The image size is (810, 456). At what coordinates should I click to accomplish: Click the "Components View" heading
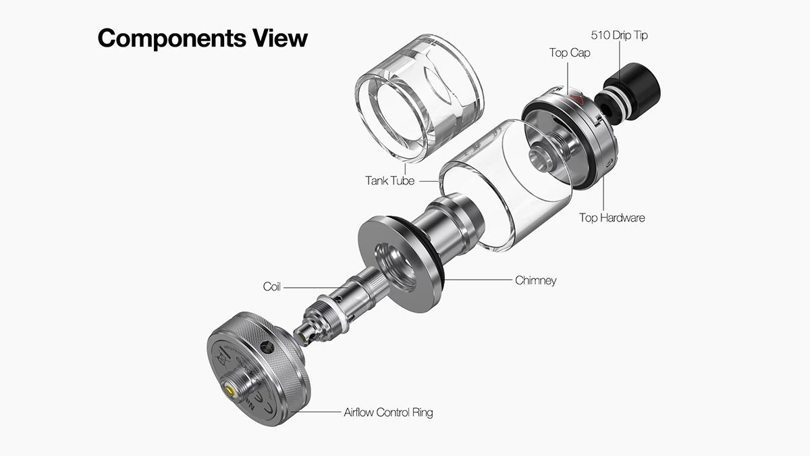[x=202, y=39]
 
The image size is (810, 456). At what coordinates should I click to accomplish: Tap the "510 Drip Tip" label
[x=619, y=35]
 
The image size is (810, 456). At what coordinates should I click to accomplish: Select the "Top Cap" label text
[x=570, y=53]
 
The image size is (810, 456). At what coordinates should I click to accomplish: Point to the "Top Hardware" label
[x=612, y=218]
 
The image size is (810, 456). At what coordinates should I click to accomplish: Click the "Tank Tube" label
[x=389, y=180]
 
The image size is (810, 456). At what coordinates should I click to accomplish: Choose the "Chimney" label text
[x=535, y=280]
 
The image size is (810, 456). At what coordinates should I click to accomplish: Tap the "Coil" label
[x=271, y=286]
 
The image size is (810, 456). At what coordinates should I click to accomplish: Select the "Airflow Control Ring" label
[x=388, y=412]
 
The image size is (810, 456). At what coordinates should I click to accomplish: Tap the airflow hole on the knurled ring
[x=267, y=347]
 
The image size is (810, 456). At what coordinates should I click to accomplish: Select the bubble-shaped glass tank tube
[x=419, y=99]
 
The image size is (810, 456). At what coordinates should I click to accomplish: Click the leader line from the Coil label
[x=316, y=288]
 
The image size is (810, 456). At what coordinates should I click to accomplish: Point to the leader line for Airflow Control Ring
[x=315, y=412]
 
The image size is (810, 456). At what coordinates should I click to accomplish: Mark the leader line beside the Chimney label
[x=478, y=280]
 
